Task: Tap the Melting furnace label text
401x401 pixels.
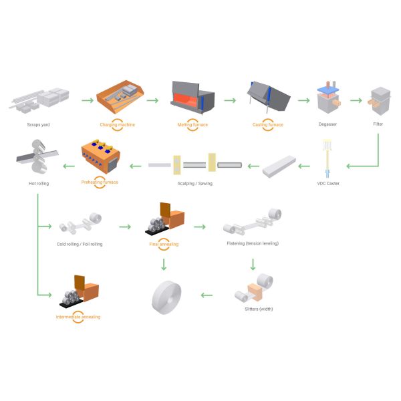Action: click(193, 124)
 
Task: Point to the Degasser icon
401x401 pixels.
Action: click(328, 100)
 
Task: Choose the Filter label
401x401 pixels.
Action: click(378, 124)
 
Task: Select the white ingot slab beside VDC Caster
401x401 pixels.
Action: click(279, 165)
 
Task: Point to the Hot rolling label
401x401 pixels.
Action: click(39, 182)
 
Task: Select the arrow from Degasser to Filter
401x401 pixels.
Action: click(355, 101)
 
